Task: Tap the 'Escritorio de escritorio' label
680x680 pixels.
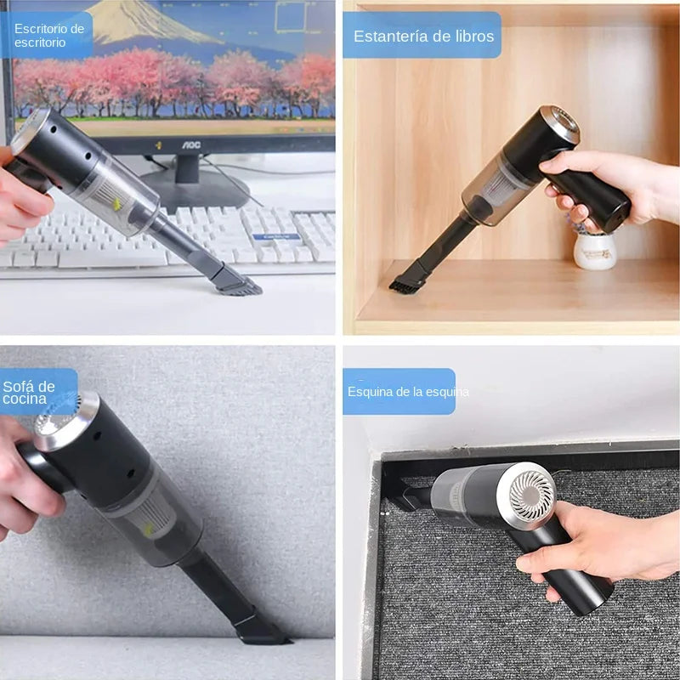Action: coord(48,35)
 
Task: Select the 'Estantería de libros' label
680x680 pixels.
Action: coord(422,36)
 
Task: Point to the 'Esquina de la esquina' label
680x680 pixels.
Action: coord(406,392)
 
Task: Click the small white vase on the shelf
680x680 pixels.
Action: coord(595,250)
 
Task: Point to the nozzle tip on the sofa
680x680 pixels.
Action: coord(259,631)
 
